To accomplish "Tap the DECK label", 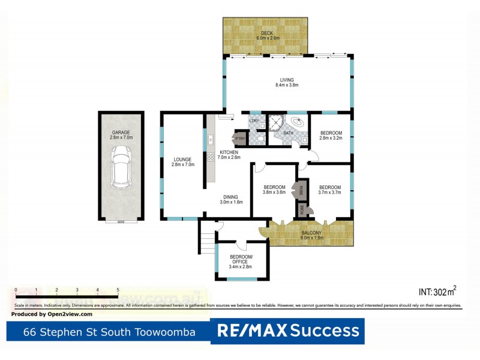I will click(266, 33).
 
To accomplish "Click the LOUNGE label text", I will click(183, 160).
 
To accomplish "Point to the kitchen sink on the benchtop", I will click(211, 141).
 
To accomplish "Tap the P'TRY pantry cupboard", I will click(241, 138).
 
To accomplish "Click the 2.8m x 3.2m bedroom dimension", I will click(331, 138).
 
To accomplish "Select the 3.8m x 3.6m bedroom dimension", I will click(274, 193).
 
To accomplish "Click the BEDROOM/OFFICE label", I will click(242, 259).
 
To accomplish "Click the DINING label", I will click(230, 197).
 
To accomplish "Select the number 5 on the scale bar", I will click(118, 290).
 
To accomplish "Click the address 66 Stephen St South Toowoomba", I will click(109, 331).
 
